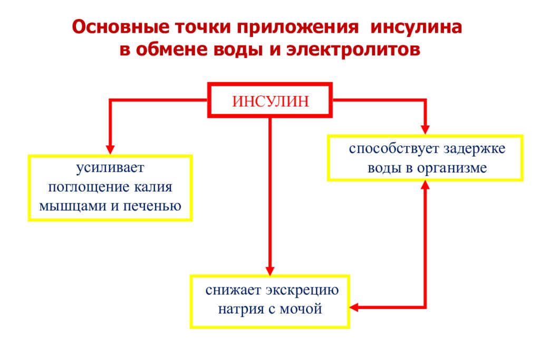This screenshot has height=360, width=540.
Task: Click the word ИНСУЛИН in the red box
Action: click(x=271, y=101)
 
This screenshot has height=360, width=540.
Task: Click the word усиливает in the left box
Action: click(x=110, y=170)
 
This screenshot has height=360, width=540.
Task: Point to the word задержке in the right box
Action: click(x=474, y=149)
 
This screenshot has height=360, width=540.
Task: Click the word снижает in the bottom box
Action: click(x=233, y=290)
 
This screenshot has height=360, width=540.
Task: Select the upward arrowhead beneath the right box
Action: click(x=425, y=185)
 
